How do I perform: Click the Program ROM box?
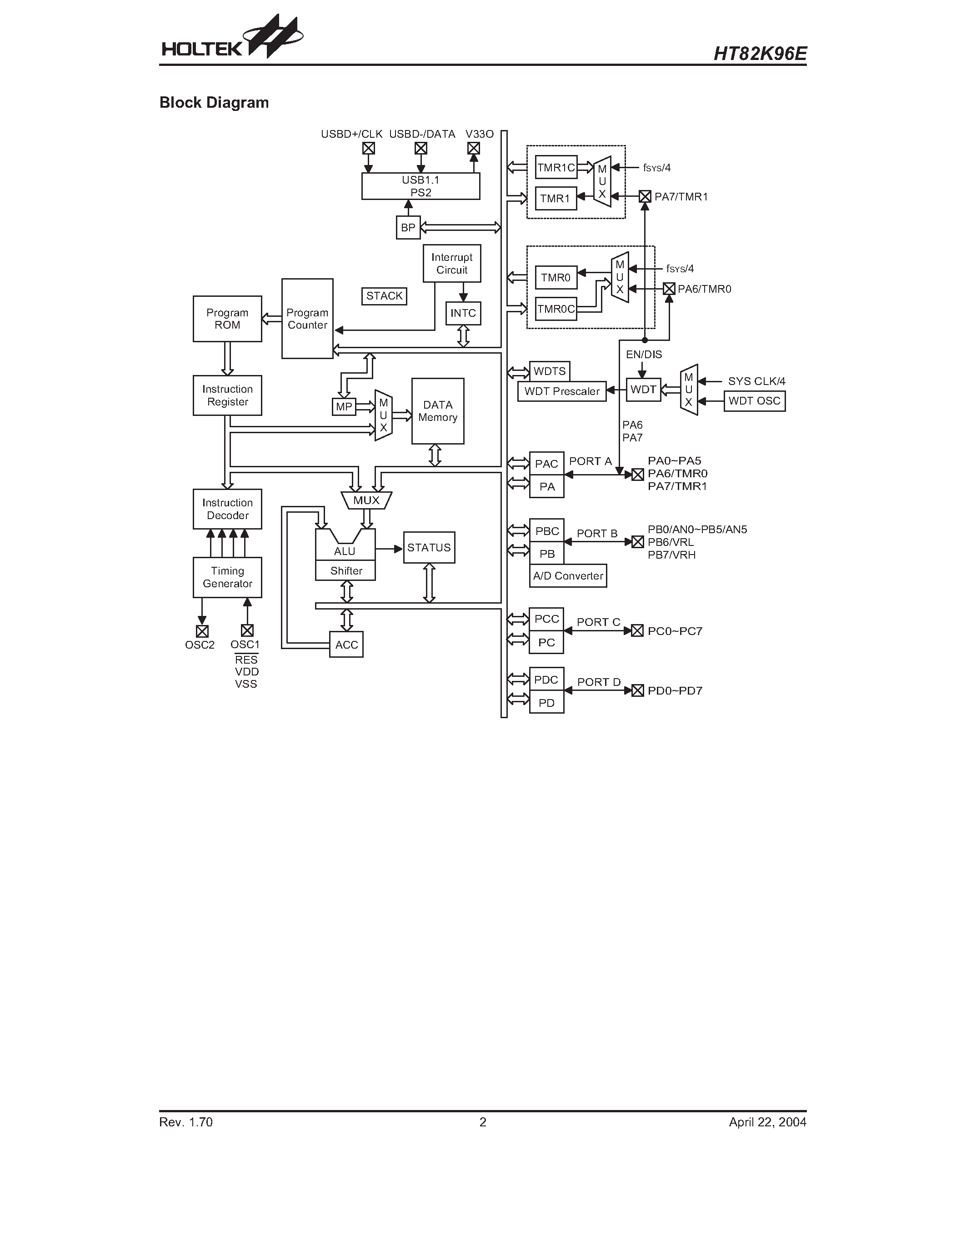click(x=227, y=319)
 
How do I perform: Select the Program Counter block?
click(x=307, y=319)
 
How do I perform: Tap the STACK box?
click(x=384, y=296)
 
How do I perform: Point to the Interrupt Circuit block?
click(x=451, y=263)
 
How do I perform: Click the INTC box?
click(x=463, y=313)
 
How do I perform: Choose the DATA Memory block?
click(x=438, y=411)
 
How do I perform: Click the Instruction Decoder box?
click(x=227, y=509)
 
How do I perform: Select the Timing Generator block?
click(x=227, y=577)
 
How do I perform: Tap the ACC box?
click(x=346, y=645)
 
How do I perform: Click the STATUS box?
click(x=429, y=548)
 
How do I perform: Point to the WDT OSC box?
click(x=754, y=400)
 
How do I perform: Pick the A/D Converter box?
click(x=568, y=576)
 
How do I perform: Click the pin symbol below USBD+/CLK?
click(x=369, y=148)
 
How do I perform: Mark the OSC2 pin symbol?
click(x=202, y=631)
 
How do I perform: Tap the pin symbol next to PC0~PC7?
click(x=637, y=631)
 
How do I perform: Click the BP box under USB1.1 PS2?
click(x=408, y=227)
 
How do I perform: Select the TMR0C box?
click(x=556, y=309)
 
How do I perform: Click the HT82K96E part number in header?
click(x=760, y=54)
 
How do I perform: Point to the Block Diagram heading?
click(x=214, y=102)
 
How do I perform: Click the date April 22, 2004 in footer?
click(x=767, y=1122)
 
